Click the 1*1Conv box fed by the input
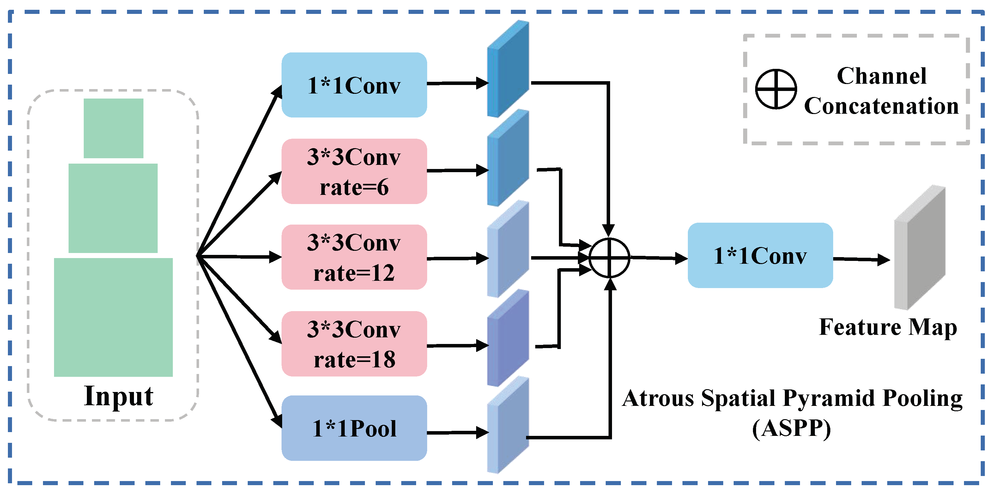(x=354, y=85)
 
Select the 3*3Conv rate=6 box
(x=354, y=171)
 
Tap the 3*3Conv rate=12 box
(x=354, y=257)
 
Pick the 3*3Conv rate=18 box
(x=354, y=344)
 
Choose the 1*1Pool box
(x=354, y=428)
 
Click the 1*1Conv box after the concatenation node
(x=760, y=255)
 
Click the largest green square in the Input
(x=113, y=317)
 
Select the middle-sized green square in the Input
(x=113, y=208)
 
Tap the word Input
(x=118, y=396)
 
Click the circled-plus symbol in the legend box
(x=776, y=89)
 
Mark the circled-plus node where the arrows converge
(x=609, y=258)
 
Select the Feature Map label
(x=888, y=328)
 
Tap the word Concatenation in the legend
(x=881, y=106)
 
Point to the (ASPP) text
(x=791, y=428)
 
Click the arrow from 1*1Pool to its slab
(x=457, y=433)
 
